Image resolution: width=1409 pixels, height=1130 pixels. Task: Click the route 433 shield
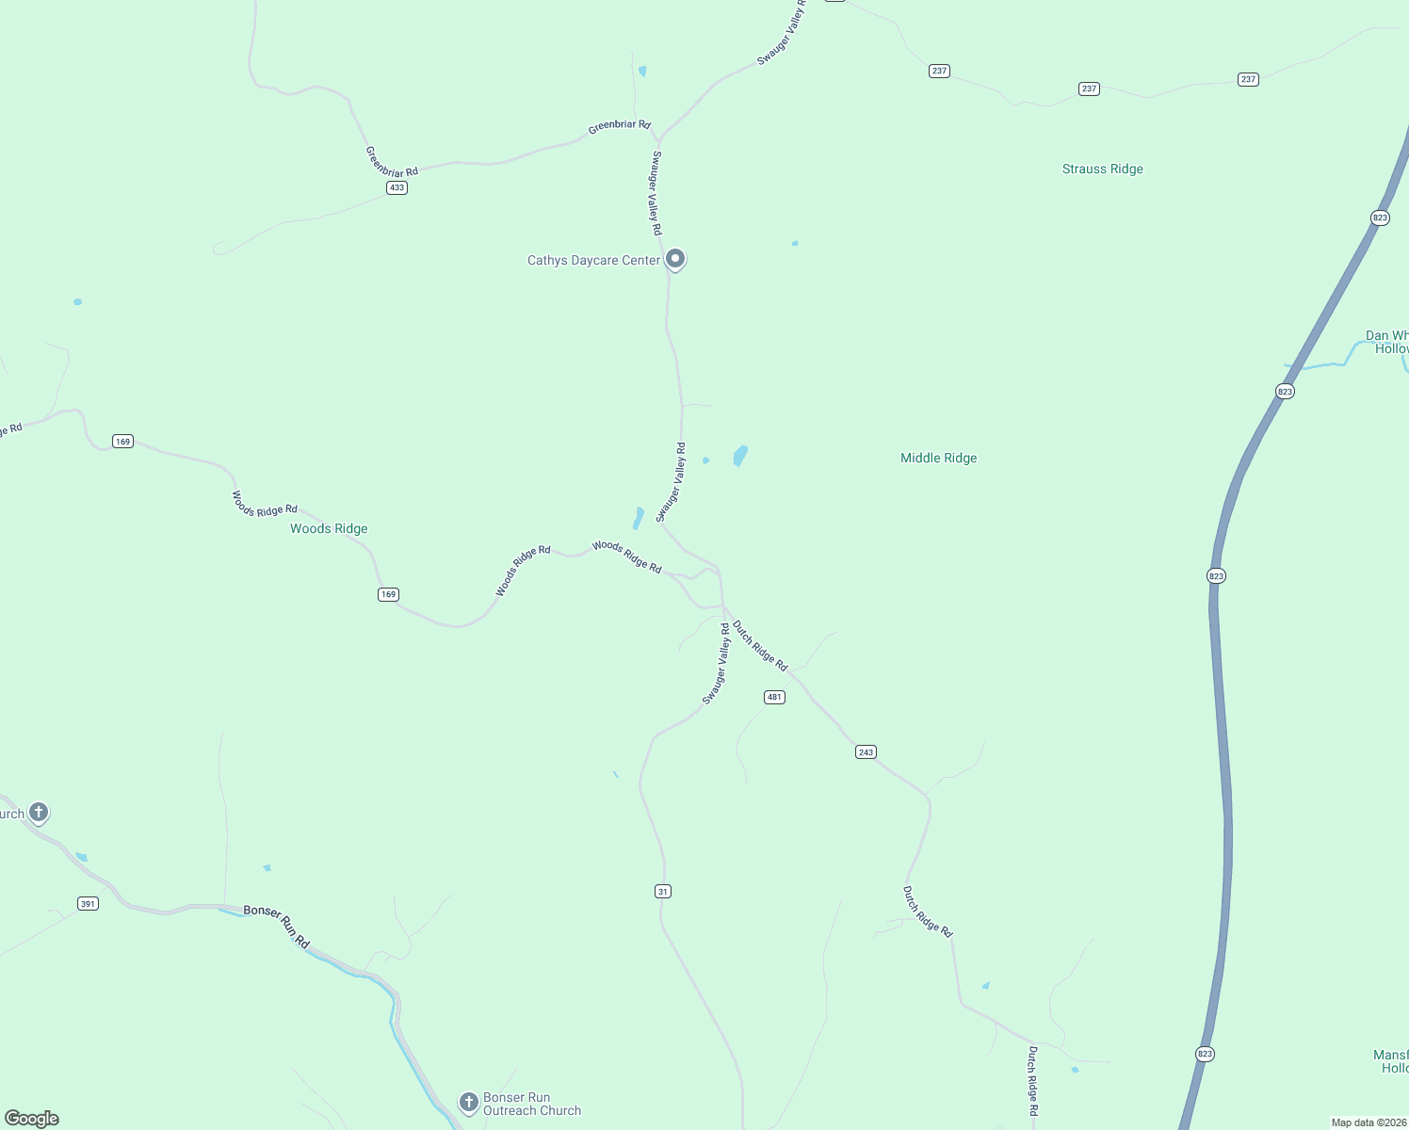(397, 187)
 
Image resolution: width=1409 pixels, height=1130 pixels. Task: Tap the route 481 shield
(774, 697)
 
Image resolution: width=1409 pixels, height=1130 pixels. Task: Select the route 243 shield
(866, 751)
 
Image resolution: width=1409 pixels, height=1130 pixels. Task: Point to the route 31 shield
(663, 891)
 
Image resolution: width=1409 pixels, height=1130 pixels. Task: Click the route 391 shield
(88, 904)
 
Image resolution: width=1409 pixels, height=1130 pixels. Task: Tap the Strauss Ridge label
(1102, 169)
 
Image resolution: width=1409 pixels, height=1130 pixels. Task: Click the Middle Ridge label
(938, 459)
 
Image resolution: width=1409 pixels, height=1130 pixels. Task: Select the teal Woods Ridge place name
(329, 529)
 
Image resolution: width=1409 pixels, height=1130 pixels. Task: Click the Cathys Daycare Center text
(593, 261)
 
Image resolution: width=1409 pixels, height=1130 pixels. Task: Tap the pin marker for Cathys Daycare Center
(674, 258)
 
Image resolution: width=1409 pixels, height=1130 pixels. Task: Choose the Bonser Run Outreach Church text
(531, 1104)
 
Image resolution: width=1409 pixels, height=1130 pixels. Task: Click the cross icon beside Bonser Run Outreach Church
(468, 1102)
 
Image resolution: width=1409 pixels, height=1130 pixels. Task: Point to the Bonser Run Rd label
(276, 925)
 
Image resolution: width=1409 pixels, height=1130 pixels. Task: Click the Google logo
(32, 1119)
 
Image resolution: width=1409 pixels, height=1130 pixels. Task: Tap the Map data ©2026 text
(1369, 1122)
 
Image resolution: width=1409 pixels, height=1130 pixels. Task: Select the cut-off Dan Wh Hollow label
(1387, 342)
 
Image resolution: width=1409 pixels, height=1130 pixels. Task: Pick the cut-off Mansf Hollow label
(1391, 1061)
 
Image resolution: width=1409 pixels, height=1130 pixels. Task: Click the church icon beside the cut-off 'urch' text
(39, 812)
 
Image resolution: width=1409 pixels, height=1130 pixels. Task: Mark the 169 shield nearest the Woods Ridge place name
(388, 594)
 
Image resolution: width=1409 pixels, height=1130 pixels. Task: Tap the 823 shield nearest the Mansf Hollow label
(1205, 1054)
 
